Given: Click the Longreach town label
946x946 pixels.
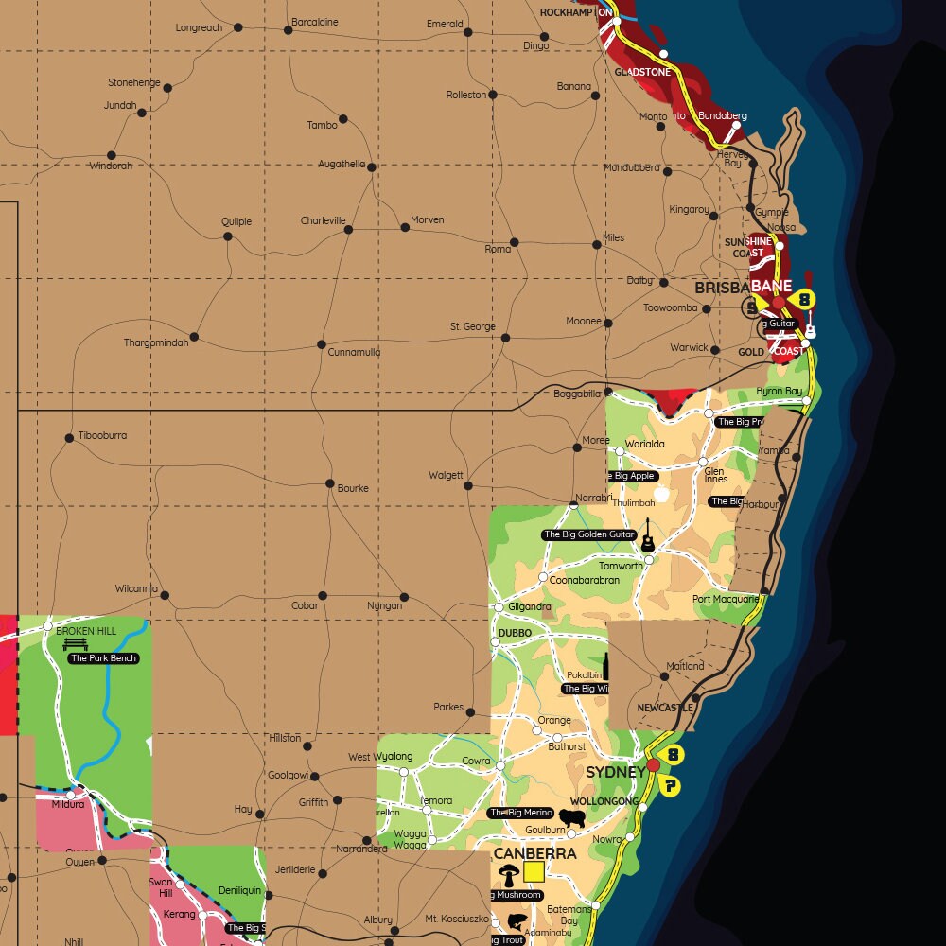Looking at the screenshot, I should point(199,27).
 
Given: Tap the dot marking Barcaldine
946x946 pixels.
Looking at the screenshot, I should point(289,30).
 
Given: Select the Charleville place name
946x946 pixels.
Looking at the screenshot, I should point(324,221).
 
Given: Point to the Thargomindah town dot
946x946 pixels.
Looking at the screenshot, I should point(194,337).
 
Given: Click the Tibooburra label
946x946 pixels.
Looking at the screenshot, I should point(102,436).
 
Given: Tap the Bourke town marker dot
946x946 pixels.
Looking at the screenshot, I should point(329,483).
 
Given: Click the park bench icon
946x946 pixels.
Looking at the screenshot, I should point(75,644).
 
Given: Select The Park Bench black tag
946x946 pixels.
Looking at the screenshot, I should point(103,658).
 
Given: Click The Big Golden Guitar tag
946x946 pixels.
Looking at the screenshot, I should point(588,534).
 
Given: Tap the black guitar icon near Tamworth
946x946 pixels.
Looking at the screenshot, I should point(648,536).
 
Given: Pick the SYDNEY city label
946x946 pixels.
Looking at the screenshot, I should point(615,772).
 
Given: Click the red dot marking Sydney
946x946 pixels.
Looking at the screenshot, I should point(653,764).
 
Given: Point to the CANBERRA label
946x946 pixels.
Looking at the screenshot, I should point(534,853).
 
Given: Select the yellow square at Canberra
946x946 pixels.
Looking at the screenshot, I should point(534,871).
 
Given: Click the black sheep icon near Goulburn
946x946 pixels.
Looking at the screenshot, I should point(571,816).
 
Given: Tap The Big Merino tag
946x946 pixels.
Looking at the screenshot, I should point(520,813).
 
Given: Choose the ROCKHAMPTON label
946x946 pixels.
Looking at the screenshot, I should point(575,12).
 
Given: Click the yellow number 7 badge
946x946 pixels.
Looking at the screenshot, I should point(671,786).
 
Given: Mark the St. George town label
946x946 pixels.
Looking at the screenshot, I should point(473,326).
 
